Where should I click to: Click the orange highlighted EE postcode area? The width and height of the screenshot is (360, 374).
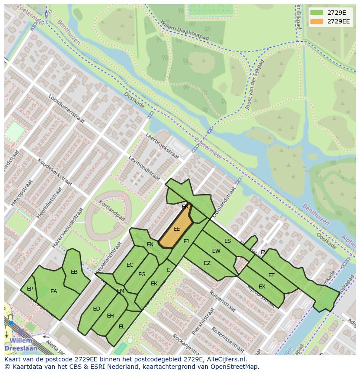click(x=176, y=229)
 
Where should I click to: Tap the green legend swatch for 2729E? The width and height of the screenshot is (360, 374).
click(x=317, y=12)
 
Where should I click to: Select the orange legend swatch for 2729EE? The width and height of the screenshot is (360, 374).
click(x=317, y=21)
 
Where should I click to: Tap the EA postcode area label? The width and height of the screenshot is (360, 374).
click(x=54, y=291)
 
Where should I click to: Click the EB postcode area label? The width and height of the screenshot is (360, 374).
click(x=74, y=272)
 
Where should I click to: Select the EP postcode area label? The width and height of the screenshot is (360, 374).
click(x=30, y=288)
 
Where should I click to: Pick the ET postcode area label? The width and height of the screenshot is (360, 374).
click(x=271, y=275)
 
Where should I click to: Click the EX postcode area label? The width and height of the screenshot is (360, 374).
click(x=262, y=287)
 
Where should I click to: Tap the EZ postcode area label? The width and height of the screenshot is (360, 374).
click(x=207, y=263)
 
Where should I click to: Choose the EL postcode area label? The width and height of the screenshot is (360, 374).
click(x=122, y=326)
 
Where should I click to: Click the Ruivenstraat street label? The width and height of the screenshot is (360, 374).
click(x=222, y=301)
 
